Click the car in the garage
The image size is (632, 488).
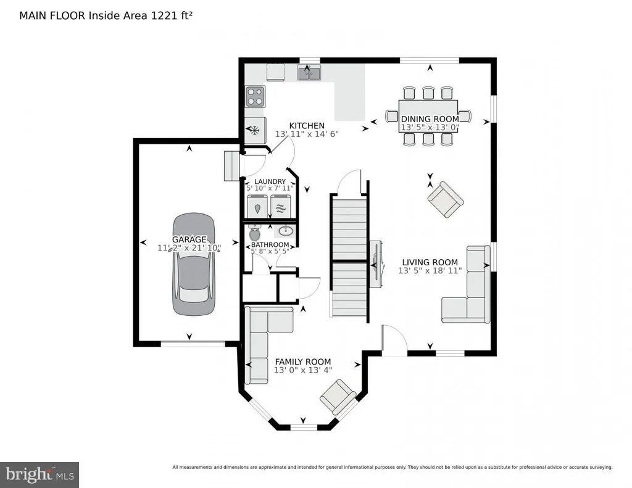click(193, 264)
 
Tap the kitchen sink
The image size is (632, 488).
click(309, 73)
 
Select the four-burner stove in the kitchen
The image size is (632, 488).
click(255, 97)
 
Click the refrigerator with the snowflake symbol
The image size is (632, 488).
click(255, 130)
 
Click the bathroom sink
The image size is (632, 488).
click(286, 231)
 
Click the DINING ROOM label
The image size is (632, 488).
click(430, 119)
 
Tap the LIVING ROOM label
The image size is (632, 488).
click(430, 262)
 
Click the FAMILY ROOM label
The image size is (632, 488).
click(302, 362)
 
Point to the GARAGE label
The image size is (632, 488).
click(189, 239)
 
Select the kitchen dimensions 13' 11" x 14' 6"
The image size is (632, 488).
click(307, 134)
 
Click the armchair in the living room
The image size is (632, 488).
click(446, 199)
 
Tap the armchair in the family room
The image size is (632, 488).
click(338, 397)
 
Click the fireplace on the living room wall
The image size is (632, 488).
click(376, 265)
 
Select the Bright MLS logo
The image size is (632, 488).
click(39, 474)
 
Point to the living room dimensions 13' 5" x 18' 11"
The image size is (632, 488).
click(430, 271)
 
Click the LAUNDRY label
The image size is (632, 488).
click(270, 182)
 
